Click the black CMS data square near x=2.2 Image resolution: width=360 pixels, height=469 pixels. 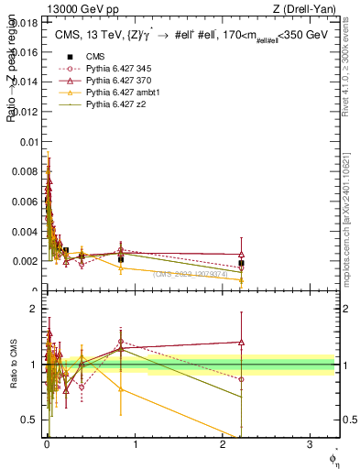point(241,264)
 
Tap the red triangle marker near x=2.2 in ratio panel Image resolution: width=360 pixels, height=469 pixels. point(241,342)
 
